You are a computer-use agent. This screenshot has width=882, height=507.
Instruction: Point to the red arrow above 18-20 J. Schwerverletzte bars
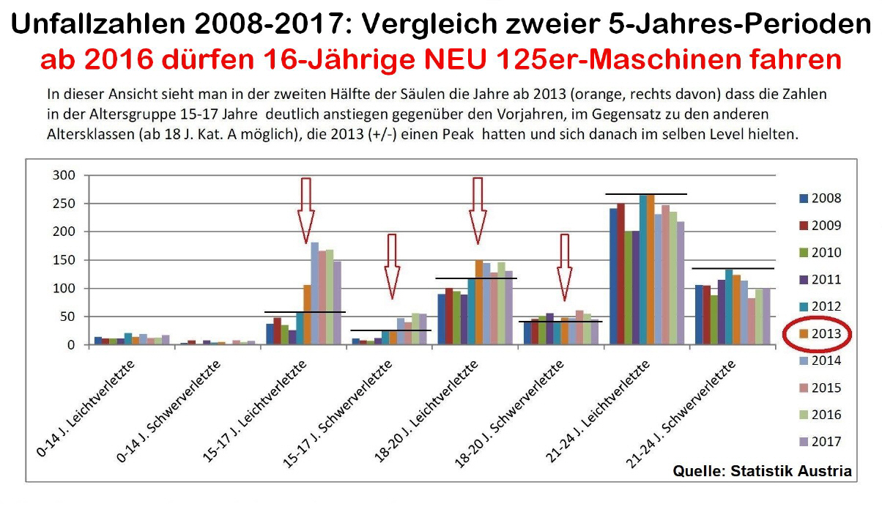pos(564,267)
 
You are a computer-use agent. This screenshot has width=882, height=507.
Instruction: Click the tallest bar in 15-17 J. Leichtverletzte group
pos(315,293)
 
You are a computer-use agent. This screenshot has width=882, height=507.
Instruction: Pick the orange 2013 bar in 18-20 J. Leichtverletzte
pos(479,302)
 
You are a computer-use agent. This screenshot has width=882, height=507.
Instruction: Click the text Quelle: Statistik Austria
pos(762,471)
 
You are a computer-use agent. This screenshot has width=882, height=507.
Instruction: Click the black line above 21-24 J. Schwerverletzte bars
pos(733,269)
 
